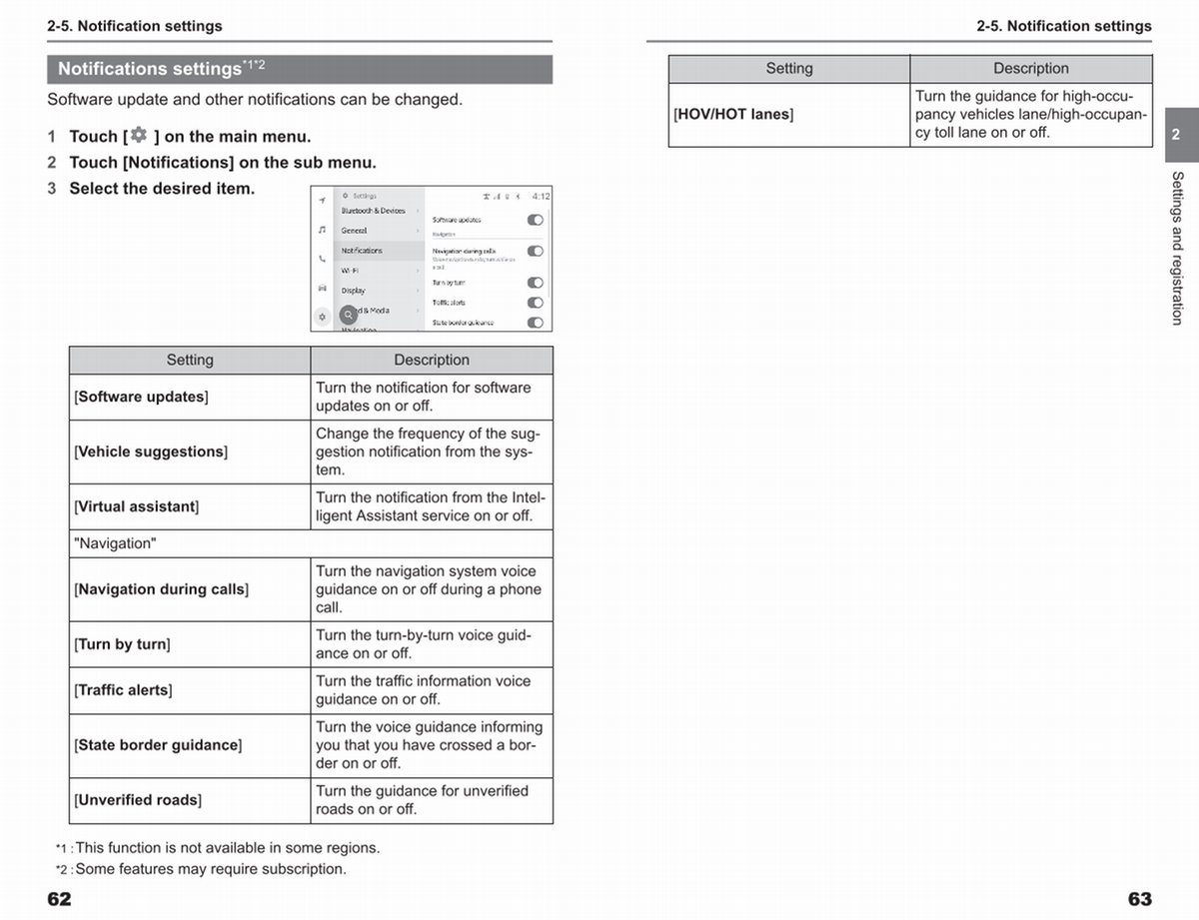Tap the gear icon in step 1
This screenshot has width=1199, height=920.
tap(138, 135)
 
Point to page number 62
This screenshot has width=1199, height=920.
tap(60, 899)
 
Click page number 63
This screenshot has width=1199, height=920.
tap(1140, 899)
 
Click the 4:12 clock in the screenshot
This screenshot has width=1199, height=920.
tap(541, 197)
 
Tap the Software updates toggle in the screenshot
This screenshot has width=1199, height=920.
tap(536, 220)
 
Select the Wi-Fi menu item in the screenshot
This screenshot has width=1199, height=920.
tap(350, 270)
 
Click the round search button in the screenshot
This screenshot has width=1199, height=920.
tap(348, 313)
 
